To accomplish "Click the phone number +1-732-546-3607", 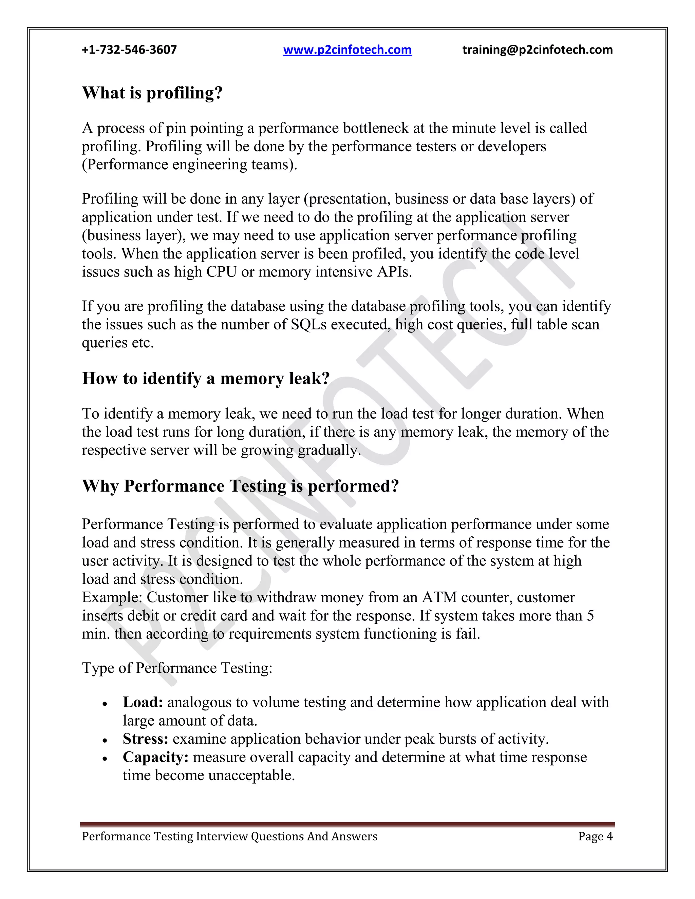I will (x=129, y=50).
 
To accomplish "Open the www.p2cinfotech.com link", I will (x=347, y=50).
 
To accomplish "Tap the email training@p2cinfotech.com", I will (x=537, y=50).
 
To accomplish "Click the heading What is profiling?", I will (x=152, y=93).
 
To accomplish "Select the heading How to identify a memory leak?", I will (x=206, y=378).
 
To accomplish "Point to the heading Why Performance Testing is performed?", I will (x=241, y=486).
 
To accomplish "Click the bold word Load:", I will (x=143, y=702).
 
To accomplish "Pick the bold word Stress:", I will (x=145, y=739).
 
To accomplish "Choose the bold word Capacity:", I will (x=156, y=757).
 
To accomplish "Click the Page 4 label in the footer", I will (x=595, y=836).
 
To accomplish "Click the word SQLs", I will (x=308, y=325).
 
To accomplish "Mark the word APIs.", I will (x=394, y=272).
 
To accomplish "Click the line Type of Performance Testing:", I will (x=177, y=668).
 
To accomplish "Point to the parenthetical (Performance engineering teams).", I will (x=189, y=165).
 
